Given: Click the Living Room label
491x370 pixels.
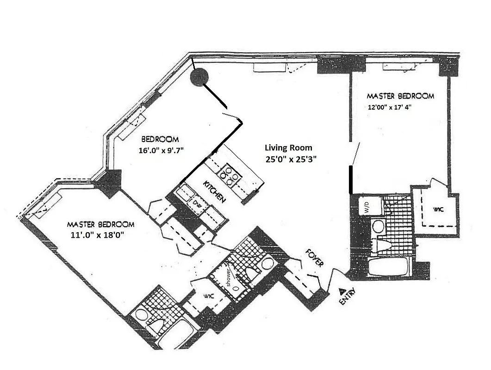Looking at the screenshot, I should [288, 148].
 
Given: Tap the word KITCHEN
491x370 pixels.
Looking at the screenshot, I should [215, 191].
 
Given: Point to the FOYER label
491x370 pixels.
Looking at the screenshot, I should [314, 257].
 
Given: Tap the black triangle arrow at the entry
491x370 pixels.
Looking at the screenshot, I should [342, 291].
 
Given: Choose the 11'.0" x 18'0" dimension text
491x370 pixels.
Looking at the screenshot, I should [97, 234].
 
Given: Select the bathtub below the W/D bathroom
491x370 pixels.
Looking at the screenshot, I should [389, 267].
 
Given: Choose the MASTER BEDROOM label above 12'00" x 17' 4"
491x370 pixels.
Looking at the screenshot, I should [400, 96].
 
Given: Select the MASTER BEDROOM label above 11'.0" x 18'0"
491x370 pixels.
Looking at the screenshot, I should [100, 224].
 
